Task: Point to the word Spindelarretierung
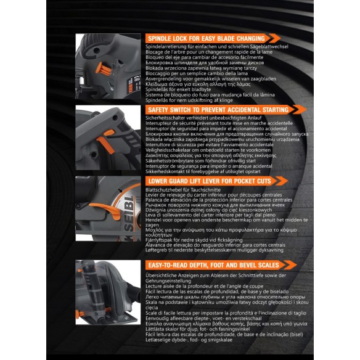pos(167,46)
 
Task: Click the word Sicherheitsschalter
pos(168,117)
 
